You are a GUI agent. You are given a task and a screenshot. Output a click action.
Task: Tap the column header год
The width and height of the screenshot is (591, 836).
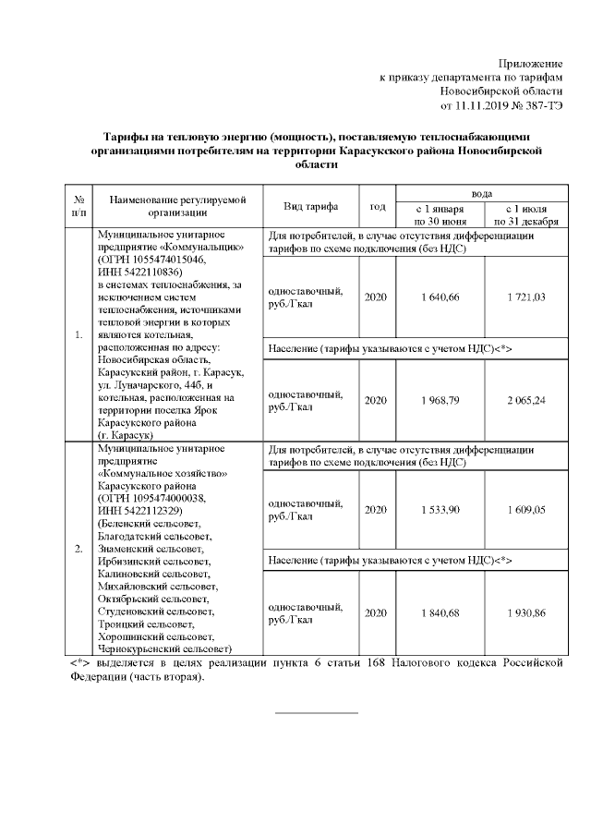[377, 206]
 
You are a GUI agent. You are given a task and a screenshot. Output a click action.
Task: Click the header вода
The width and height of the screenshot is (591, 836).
[481, 192]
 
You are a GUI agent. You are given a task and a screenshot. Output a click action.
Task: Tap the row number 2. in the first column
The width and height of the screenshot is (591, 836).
[78, 549]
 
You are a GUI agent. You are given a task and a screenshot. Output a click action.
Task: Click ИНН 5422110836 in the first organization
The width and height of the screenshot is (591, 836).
[139, 273]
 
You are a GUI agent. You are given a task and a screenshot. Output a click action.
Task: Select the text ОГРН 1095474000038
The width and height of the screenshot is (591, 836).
[149, 498]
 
